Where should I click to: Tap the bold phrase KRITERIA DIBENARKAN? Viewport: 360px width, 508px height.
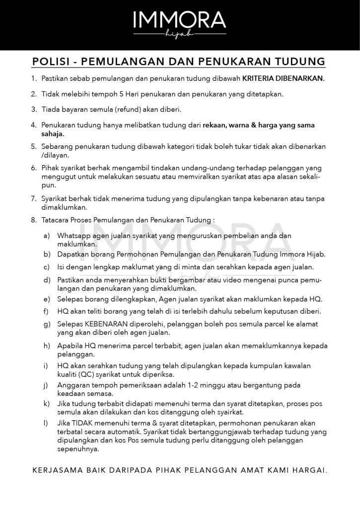[283, 78]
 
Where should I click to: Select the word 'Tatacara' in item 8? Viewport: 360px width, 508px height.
[57, 219]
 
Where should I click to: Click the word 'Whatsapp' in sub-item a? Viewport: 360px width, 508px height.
[73, 236]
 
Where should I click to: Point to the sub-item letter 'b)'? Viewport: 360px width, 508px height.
[47, 254]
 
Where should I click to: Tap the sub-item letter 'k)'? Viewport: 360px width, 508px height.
[47, 403]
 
